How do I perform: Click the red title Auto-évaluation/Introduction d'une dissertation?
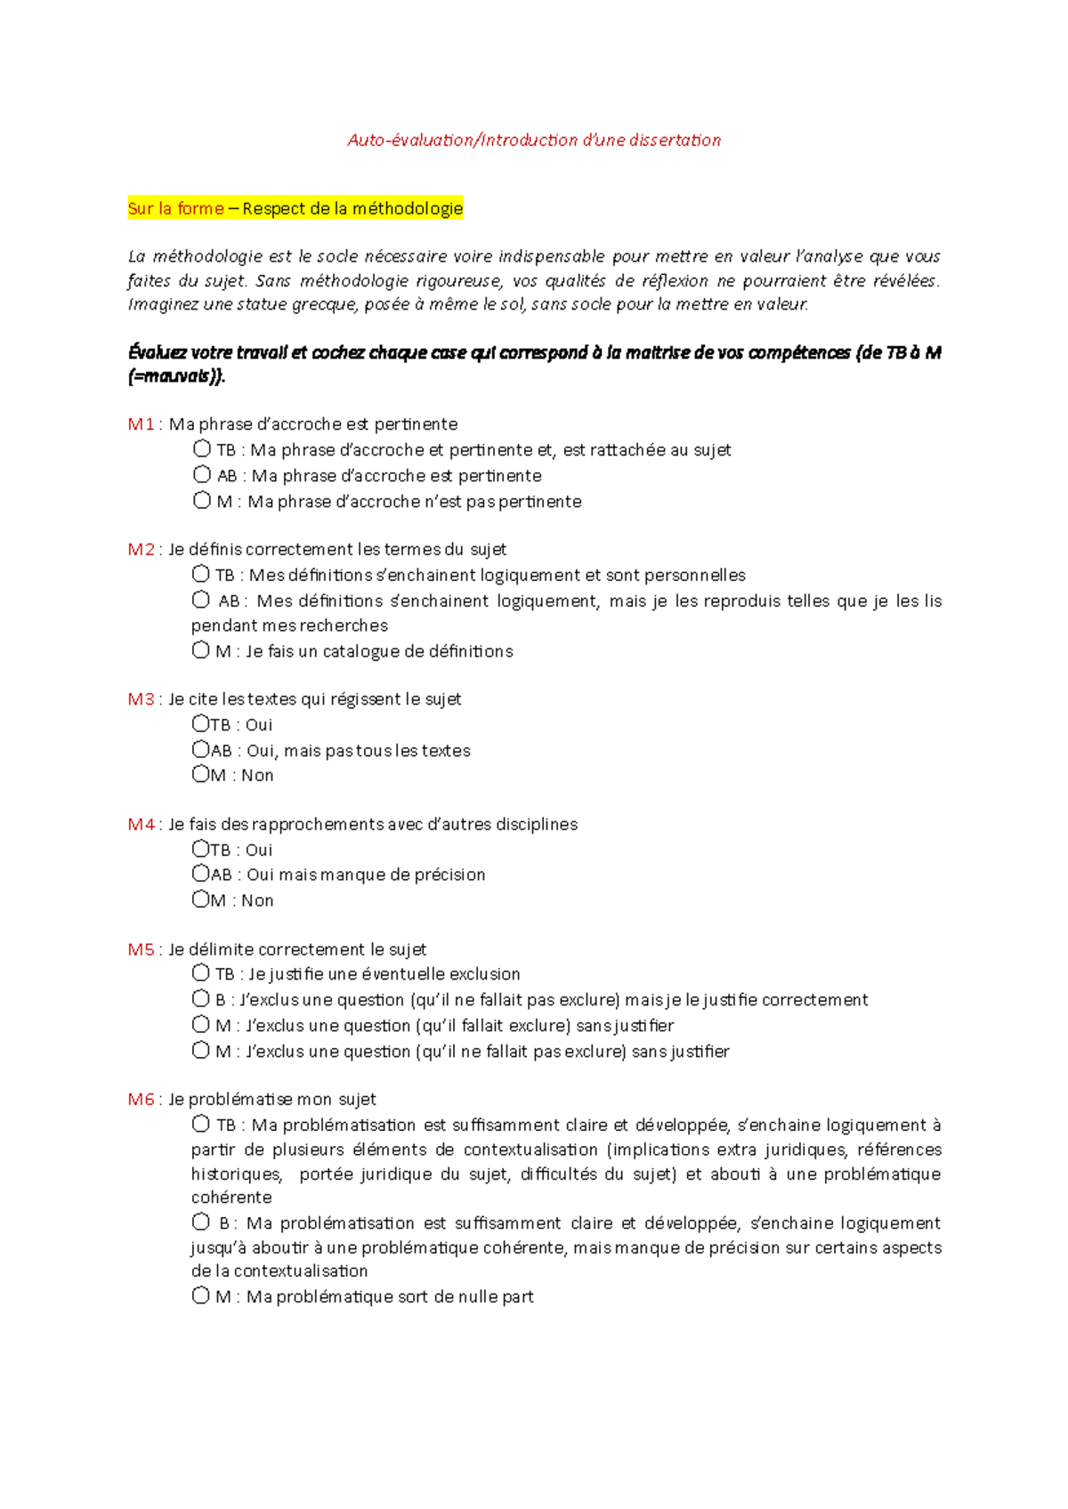tap(534, 140)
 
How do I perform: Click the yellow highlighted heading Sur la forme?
tap(176, 208)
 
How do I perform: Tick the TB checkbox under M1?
tap(202, 448)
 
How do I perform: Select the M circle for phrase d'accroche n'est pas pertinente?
tap(202, 500)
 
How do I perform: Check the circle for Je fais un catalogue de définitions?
tap(200, 650)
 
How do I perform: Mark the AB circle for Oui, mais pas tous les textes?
tap(200, 749)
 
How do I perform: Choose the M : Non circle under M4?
tap(200, 899)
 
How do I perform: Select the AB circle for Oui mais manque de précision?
tap(200, 873)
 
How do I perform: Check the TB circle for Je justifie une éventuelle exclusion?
tap(200, 972)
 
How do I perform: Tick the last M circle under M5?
tap(200, 1050)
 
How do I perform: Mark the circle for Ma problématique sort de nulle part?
tap(200, 1295)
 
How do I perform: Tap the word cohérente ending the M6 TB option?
tap(231, 1198)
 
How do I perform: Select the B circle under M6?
tap(200, 1222)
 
